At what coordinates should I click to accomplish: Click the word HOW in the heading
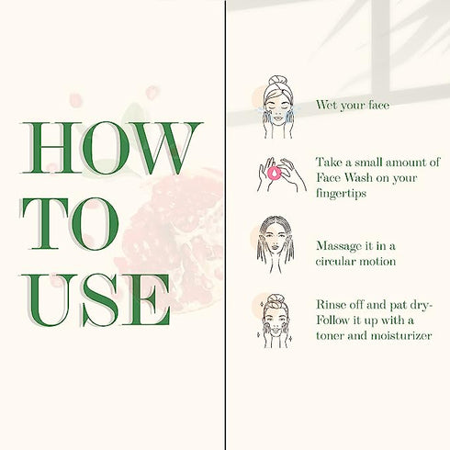111,148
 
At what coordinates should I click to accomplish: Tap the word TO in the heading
70,224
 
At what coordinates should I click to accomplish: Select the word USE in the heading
96,299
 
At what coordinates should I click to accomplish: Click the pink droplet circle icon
275,174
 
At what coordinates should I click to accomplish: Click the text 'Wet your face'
353,106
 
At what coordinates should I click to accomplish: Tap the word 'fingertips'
341,194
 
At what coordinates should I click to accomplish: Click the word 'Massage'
339,246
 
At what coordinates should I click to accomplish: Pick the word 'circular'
335,262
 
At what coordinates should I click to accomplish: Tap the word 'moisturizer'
401,335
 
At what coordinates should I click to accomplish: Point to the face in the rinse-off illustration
276,321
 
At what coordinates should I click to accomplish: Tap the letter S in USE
100,299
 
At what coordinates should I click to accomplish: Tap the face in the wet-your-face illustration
276,109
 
